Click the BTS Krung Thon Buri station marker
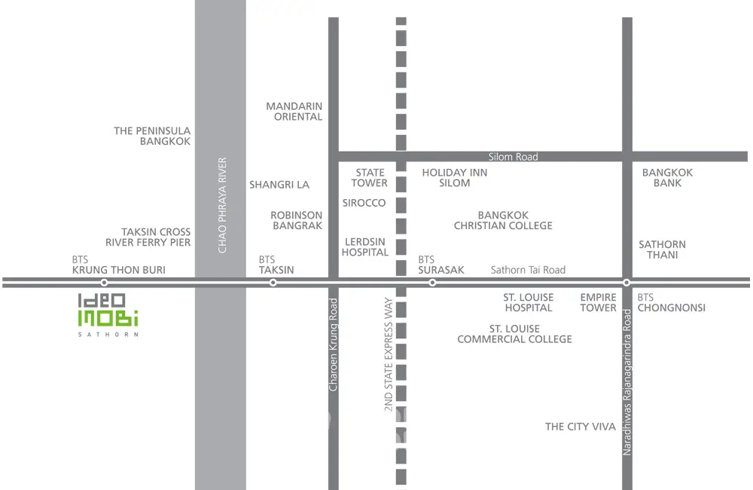tap(105, 283)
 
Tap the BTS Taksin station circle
tap(273, 283)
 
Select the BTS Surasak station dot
tap(432, 283)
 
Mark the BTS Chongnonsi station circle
tap(626, 283)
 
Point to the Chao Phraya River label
tap(222, 205)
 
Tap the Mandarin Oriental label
tap(294, 112)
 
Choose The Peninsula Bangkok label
tap(152, 136)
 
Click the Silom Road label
tap(513, 157)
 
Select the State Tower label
tap(369, 178)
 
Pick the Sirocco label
tap(364, 203)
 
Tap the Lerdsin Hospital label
tap(364, 247)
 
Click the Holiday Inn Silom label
tap(454, 178)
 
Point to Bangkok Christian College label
tap(503, 220)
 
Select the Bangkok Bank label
tap(667, 178)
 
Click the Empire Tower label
tap(598, 302)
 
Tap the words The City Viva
tap(581, 427)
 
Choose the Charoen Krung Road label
tap(334, 344)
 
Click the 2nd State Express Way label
tap(389, 354)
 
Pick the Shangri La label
tap(279, 185)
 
